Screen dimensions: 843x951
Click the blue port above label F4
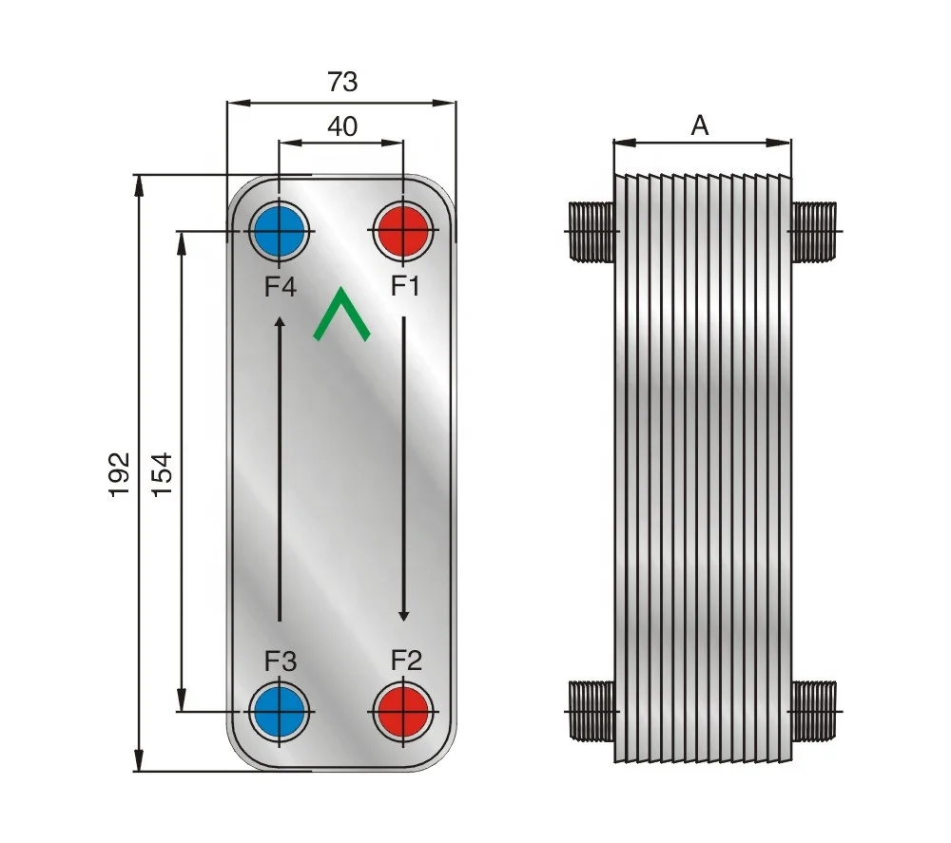point(279,230)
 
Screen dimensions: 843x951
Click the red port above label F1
point(402,230)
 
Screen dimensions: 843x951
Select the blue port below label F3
point(279,710)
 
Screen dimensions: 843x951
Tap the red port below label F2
point(402,710)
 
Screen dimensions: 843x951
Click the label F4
point(281,286)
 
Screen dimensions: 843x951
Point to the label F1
point(405,286)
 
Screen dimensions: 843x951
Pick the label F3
point(281,661)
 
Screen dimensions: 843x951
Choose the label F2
point(405,660)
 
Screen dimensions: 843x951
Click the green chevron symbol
point(341,316)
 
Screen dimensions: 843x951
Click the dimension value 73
point(342,83)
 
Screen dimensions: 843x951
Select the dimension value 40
point(342,126)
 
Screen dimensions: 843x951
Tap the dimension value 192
point(119,472)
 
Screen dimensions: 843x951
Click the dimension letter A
point(700,125)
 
